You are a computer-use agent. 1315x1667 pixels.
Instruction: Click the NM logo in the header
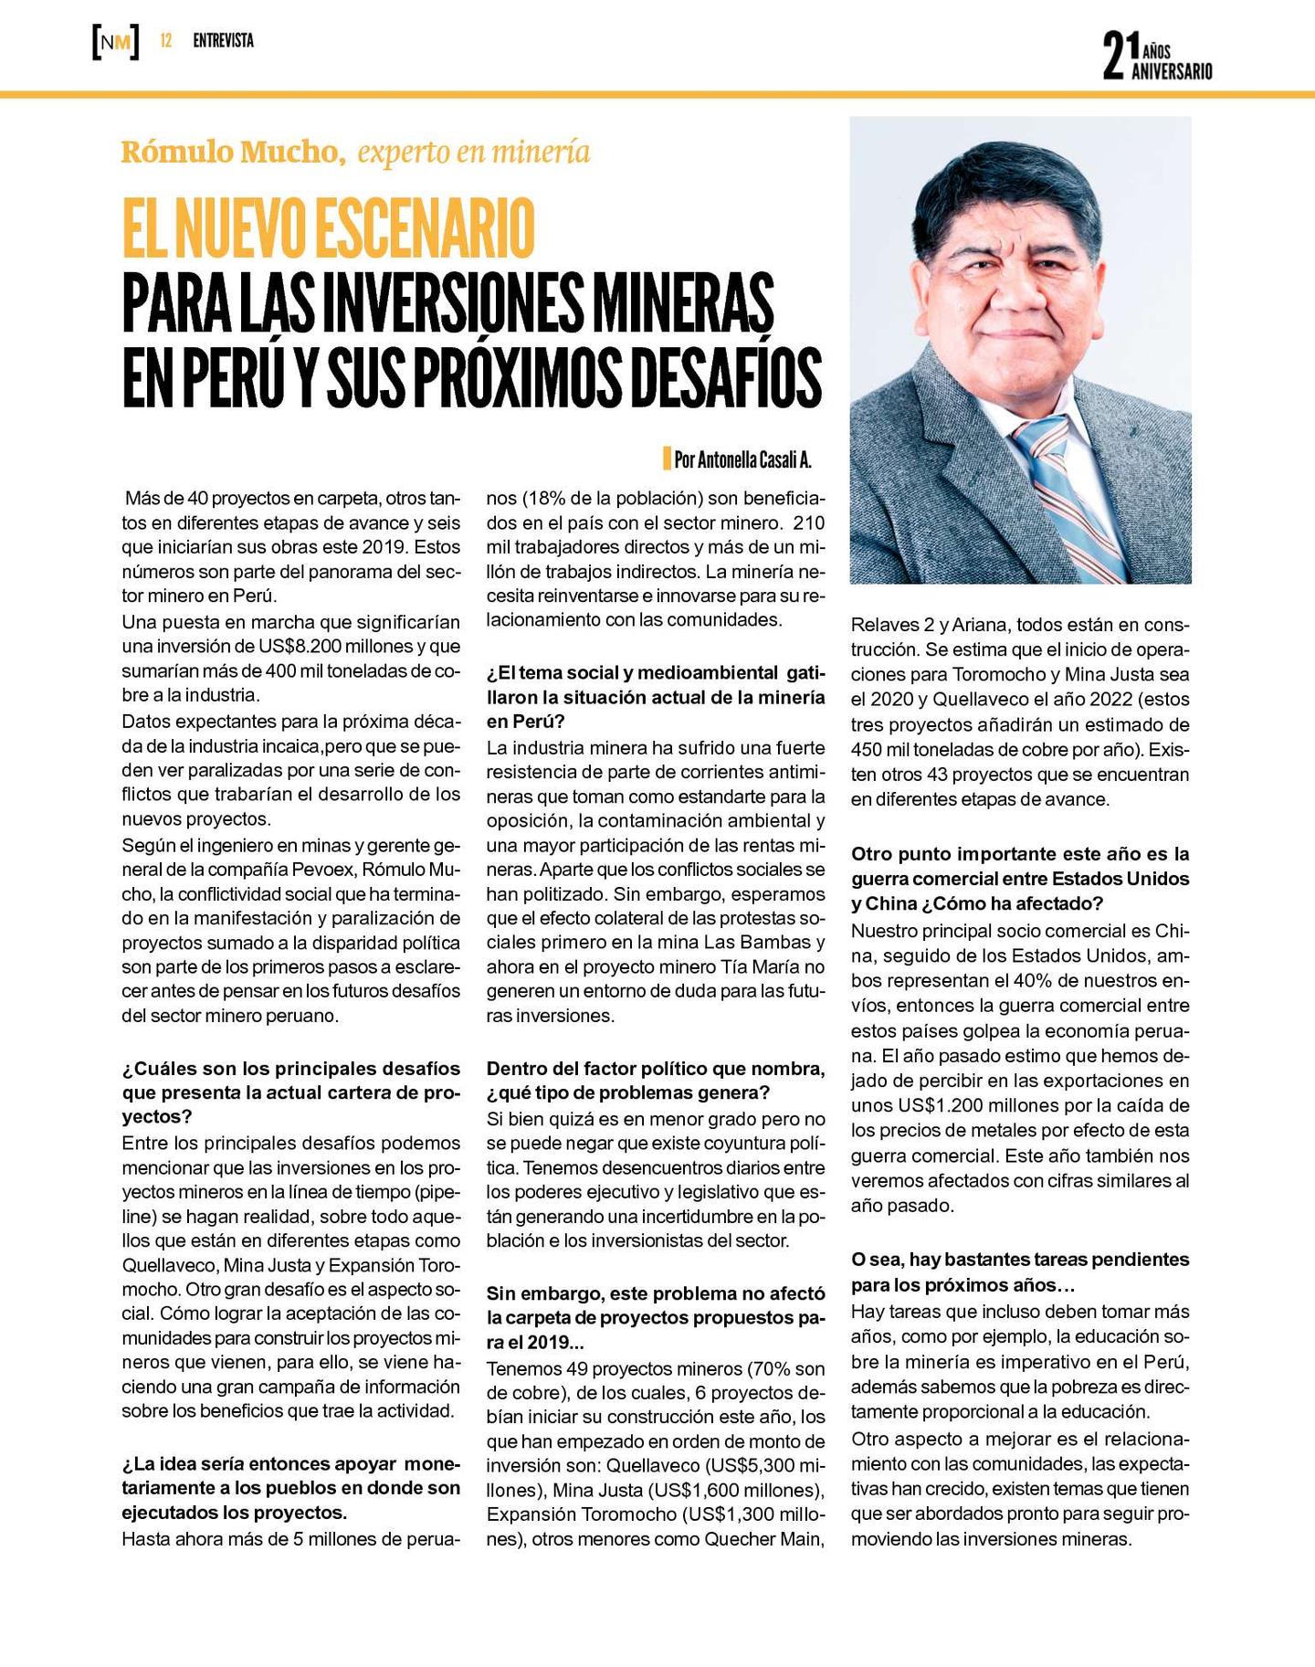click(x=116, y=42)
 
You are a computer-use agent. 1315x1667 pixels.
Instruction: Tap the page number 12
click(x=166, y=41)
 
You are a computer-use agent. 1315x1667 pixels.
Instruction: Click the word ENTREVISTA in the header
click(x=223, y=41)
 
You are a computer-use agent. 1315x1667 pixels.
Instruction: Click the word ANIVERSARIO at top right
click(x=1172, y=71)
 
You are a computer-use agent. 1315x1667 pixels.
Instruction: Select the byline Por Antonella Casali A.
click(x=742, y=459)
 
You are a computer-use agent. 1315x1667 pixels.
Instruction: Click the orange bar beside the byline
click(x=667, y=459)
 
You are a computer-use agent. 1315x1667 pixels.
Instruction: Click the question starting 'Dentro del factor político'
click(x=655, y=1081)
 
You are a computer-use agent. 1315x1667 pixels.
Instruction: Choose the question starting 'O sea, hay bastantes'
click(x=1019, y=1272)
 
